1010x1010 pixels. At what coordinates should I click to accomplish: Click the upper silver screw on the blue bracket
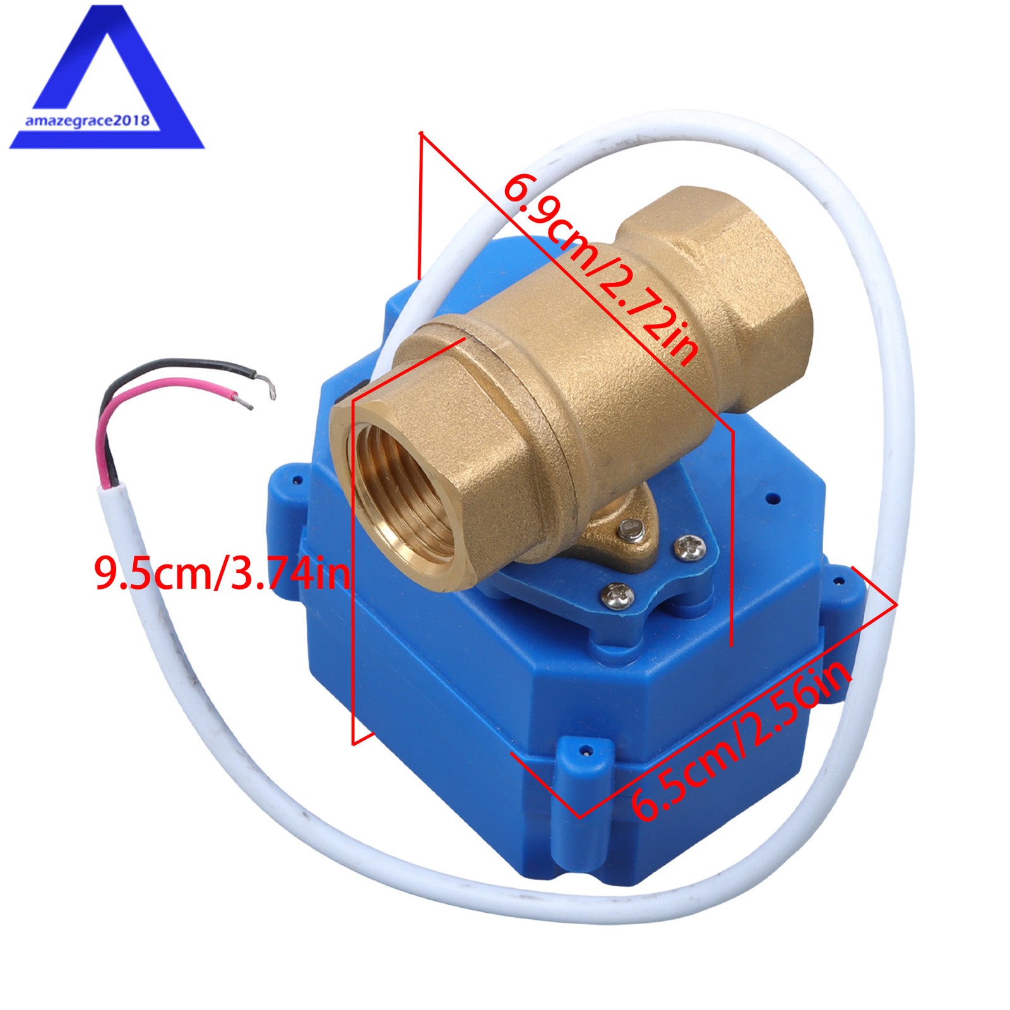click(689, 547)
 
